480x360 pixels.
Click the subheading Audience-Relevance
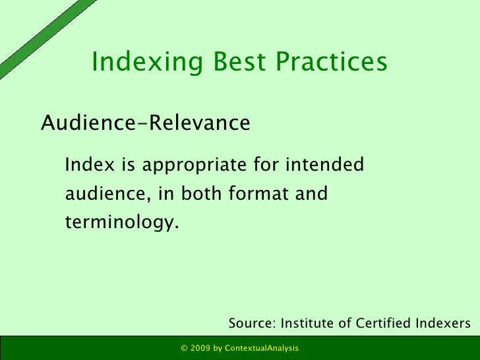point(146,123)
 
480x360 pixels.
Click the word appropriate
point(179,164)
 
